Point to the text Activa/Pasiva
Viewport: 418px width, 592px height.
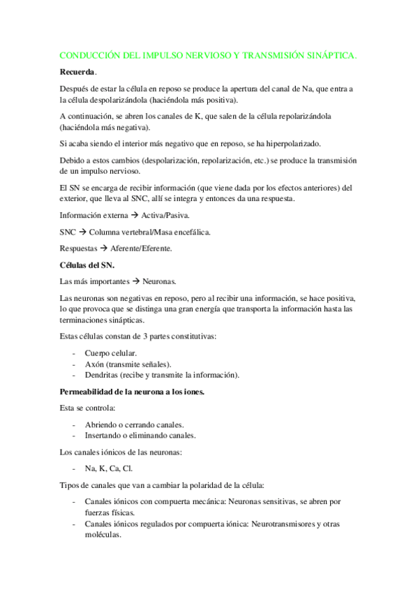(165, 216)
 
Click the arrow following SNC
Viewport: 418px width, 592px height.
(82, 231)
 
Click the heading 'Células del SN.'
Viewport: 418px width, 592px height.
(87, 265)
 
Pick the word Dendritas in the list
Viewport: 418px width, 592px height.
(104, 375)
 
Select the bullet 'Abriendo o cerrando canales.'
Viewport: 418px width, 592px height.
(135, 424)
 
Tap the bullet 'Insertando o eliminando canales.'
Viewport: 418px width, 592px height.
(140, 435)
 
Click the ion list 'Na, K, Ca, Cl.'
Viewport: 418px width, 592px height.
(109, 468)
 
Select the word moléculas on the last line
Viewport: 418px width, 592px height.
(103, 535)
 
